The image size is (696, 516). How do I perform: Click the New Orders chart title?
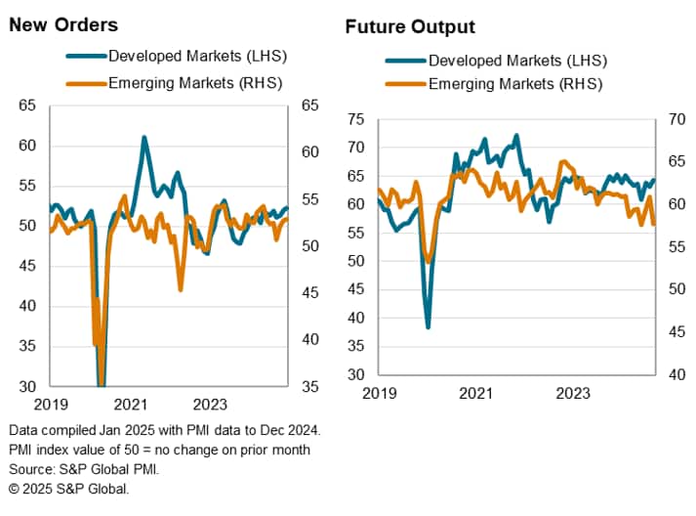64,24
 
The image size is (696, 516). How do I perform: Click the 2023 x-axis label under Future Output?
572,393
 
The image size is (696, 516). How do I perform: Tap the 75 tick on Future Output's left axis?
355,120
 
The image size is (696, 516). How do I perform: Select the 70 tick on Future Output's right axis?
675,120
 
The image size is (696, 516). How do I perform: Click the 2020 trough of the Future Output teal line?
428,326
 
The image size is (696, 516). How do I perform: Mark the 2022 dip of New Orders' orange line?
181,289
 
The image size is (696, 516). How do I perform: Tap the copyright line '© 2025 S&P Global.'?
68,488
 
